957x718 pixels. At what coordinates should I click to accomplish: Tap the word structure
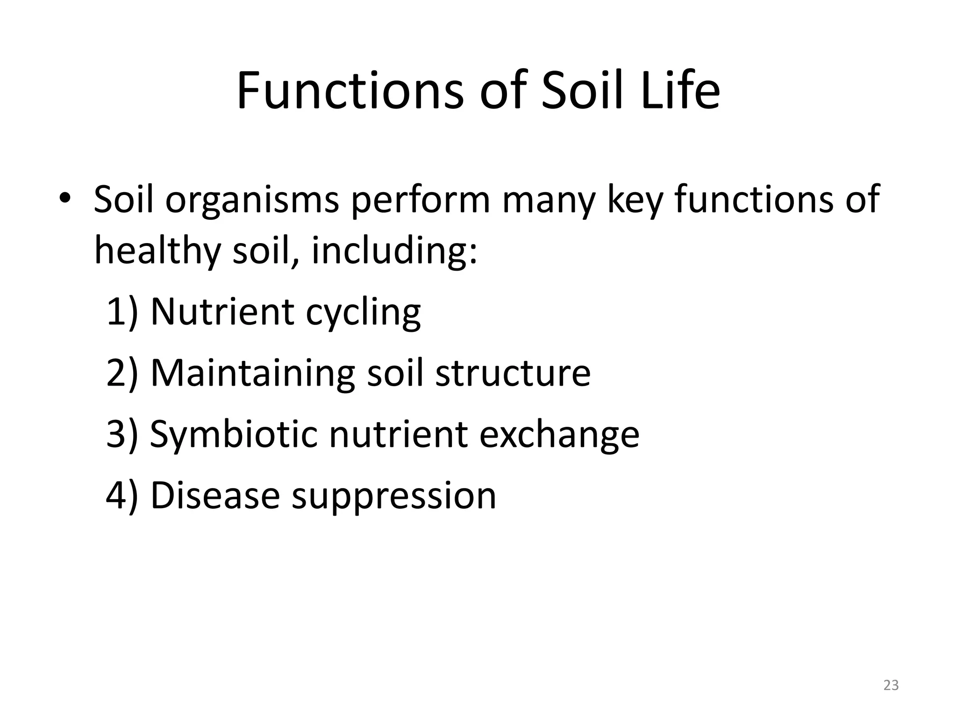pos(513,373)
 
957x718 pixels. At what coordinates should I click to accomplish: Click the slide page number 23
pos(891,685)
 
